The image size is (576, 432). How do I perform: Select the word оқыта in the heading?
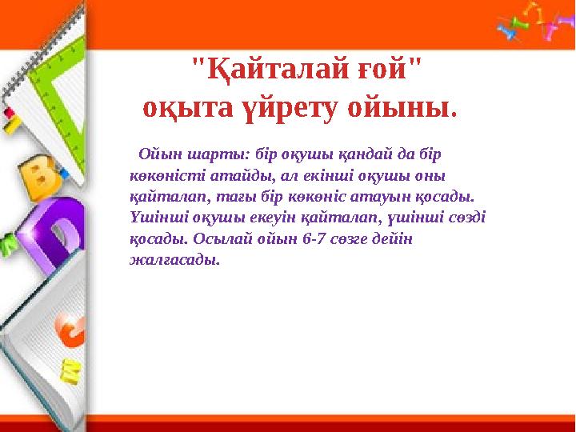[188, 110]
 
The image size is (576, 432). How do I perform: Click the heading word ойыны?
[402, 110]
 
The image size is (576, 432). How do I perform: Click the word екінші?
[328, 176]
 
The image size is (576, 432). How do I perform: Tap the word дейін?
[392, 239]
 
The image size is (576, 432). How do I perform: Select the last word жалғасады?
[175, 260]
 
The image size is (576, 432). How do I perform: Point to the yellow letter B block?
[40, 177]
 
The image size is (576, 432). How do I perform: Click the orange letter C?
[70, 330]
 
